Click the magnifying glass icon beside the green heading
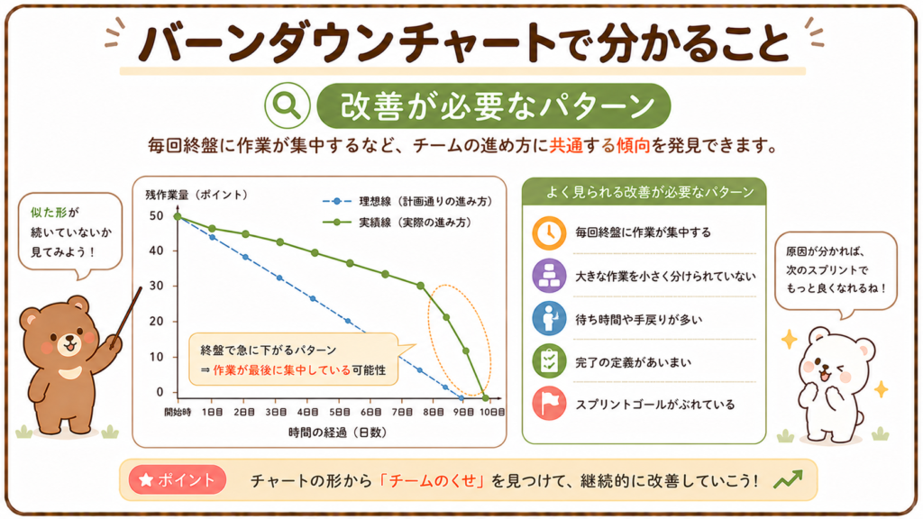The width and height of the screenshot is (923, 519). pos(287,106)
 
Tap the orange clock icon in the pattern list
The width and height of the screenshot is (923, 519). pos(549,233)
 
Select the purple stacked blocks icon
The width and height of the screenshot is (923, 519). pos(549,276)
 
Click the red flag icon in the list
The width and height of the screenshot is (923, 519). pos(549,404)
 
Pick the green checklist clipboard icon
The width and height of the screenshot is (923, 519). pos(549,361)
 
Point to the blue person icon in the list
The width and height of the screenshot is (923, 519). pos(549,318)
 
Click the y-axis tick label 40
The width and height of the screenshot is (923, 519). pos(156,250)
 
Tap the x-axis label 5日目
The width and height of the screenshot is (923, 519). pos(339,412)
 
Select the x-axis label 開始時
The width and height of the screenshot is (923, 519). pos(178,412)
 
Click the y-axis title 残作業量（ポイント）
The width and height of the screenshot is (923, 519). pos(196,195)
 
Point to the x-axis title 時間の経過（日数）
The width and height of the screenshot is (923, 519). pos(337,432)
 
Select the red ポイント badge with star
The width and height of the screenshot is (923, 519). pos(178,480)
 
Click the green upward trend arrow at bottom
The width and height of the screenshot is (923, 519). pos(788,479)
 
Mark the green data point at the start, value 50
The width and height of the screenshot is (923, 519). pos(178,216)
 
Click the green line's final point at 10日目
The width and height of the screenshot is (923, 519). pos(485,398)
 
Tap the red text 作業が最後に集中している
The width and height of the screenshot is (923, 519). pos(282,370)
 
